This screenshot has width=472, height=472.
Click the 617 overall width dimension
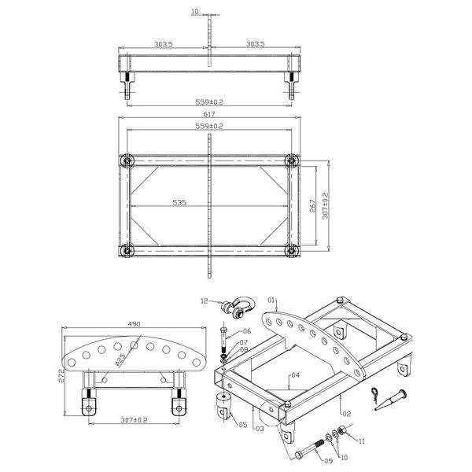(210, 114)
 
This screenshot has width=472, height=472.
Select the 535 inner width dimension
(179, 202)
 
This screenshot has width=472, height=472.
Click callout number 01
(273, 301)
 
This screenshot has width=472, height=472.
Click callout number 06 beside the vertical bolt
(246, 331)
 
